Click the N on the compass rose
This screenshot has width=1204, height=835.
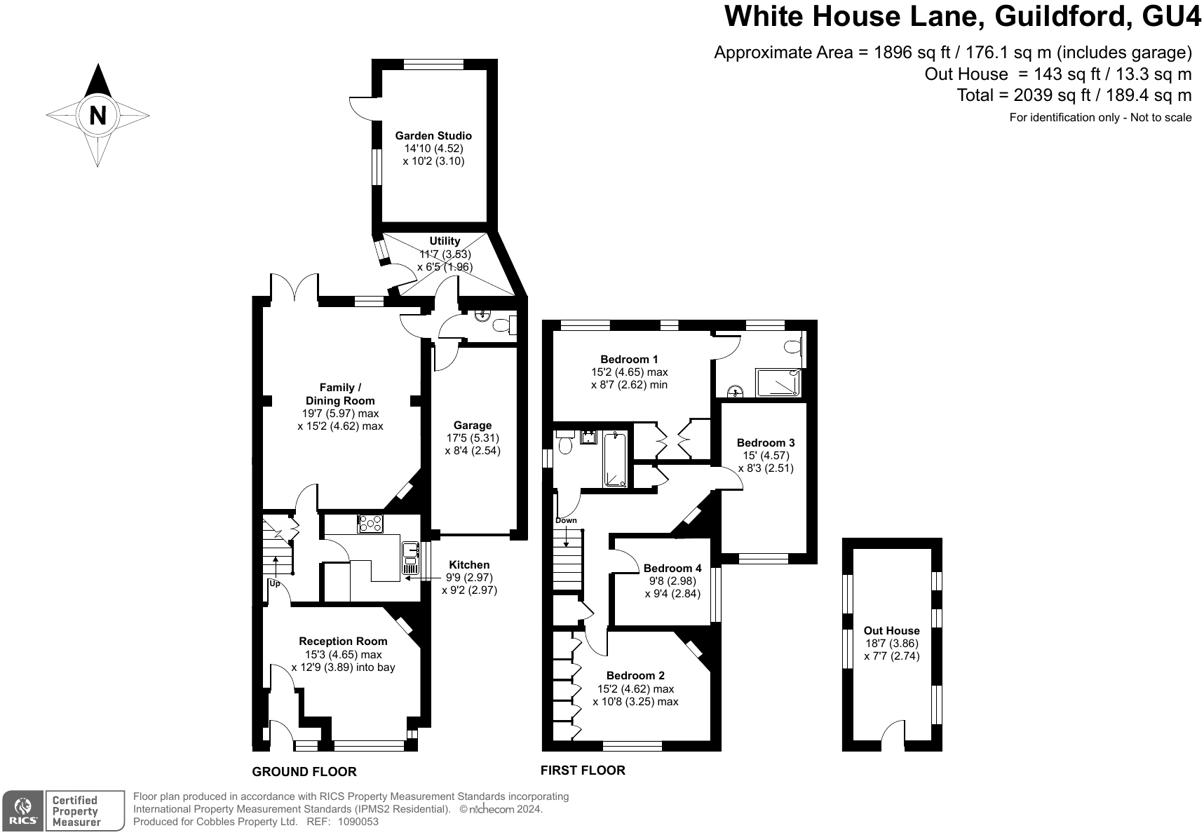coord(97,115)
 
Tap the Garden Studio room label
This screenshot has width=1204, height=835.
coord(433,136)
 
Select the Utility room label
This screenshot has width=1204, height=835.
coord(445,241)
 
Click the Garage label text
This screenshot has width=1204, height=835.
coord(473,426)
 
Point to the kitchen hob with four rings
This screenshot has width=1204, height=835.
coord(370,524)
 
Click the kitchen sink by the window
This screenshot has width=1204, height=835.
coord(410,559)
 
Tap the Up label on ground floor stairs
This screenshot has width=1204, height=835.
coord(274,583)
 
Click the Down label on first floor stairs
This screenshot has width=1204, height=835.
coord(566,520)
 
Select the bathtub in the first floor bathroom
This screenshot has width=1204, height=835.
coord(615,460)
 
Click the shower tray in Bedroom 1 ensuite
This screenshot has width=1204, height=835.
coord(777,383)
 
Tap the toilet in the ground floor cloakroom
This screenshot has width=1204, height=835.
coord(504,325)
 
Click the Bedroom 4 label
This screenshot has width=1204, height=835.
coord(672,569)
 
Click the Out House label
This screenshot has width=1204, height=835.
coord(891,631)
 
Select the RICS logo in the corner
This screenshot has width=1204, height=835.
coord(22,811)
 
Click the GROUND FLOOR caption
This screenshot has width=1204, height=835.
coord(304,772)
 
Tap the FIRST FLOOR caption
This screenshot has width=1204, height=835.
coord(583,770)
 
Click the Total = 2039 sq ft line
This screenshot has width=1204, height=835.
coord(1074,95)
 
